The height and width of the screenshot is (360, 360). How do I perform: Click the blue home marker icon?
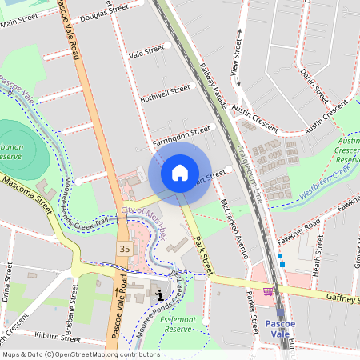click(180, 172)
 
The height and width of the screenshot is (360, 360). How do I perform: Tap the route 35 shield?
click(124, 250)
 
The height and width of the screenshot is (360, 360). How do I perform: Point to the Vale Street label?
click(146, 52)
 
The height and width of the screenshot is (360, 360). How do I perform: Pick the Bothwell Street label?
click(166, 93)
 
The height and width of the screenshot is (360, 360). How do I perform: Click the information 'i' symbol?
click(160, 295)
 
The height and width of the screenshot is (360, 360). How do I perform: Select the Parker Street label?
click(253, 306)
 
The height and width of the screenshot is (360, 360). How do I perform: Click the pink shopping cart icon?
click(267, 291)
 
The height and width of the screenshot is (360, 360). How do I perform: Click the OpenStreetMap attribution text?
click(81, 354)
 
